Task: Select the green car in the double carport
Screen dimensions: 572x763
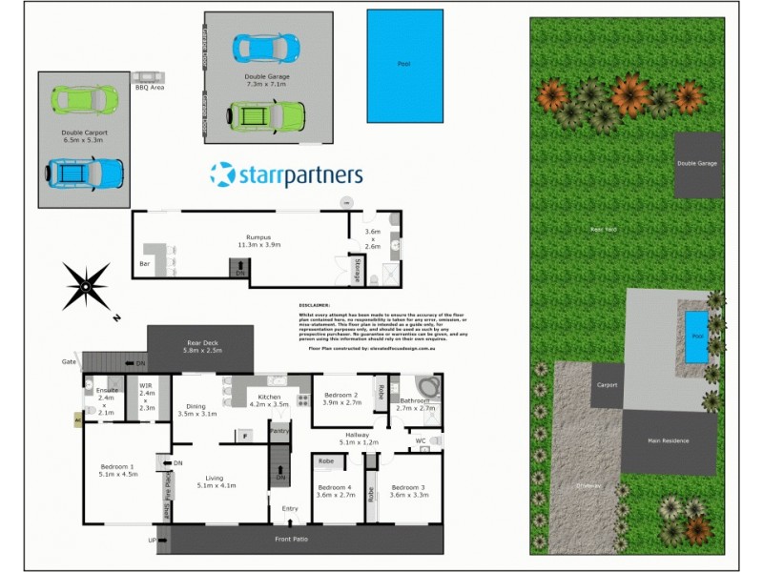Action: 85,98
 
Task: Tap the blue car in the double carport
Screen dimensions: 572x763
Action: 85,174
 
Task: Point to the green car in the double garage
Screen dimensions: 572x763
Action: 266,116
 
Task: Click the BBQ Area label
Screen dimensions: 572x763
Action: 150,87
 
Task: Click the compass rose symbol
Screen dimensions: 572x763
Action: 86,285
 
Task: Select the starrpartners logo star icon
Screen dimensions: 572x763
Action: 222,174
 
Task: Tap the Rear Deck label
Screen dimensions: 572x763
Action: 201,346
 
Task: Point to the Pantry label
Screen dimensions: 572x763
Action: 279,432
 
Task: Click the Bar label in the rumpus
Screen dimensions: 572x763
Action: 145,263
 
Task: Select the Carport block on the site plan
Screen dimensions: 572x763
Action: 608,385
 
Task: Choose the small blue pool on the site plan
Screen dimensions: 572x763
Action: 697,337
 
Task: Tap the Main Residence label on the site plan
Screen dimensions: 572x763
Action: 669,440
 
